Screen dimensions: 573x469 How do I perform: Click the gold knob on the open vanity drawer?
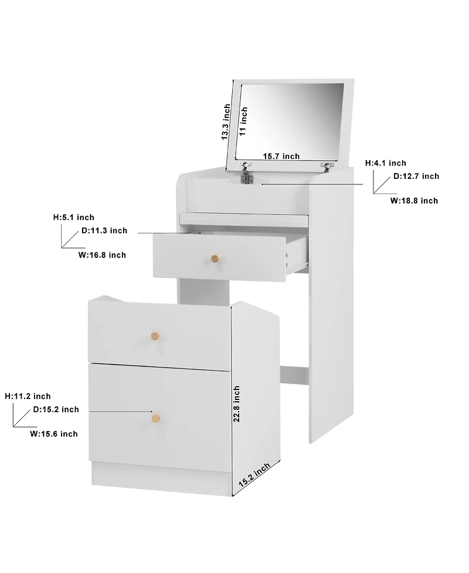(x=215, y=258)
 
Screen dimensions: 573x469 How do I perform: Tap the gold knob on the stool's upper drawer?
(x=155, y=335)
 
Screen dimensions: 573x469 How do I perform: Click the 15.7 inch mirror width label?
(x=281, y=156)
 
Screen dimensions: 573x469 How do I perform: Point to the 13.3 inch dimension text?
(x=226, y=122)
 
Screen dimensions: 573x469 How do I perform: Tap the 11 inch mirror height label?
(x=244, y=121)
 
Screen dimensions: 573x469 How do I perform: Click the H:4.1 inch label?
(x=385, y=163)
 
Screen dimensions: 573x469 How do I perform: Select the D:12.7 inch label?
(x=416, y=176)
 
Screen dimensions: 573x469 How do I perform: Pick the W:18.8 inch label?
(x=414, y=201)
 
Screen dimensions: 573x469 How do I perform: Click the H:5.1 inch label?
(x=73, y=218)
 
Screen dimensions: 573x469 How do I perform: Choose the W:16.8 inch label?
(x=102, y=255)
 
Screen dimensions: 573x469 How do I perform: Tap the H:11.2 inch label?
(x=28, y=396)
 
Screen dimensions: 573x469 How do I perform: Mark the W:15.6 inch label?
(x=54, y=434)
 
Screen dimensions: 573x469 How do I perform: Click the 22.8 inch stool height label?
(x=236, y=404)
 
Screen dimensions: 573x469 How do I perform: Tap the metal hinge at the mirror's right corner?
(x=325, y=166)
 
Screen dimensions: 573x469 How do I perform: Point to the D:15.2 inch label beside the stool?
(x=56, y=409)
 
